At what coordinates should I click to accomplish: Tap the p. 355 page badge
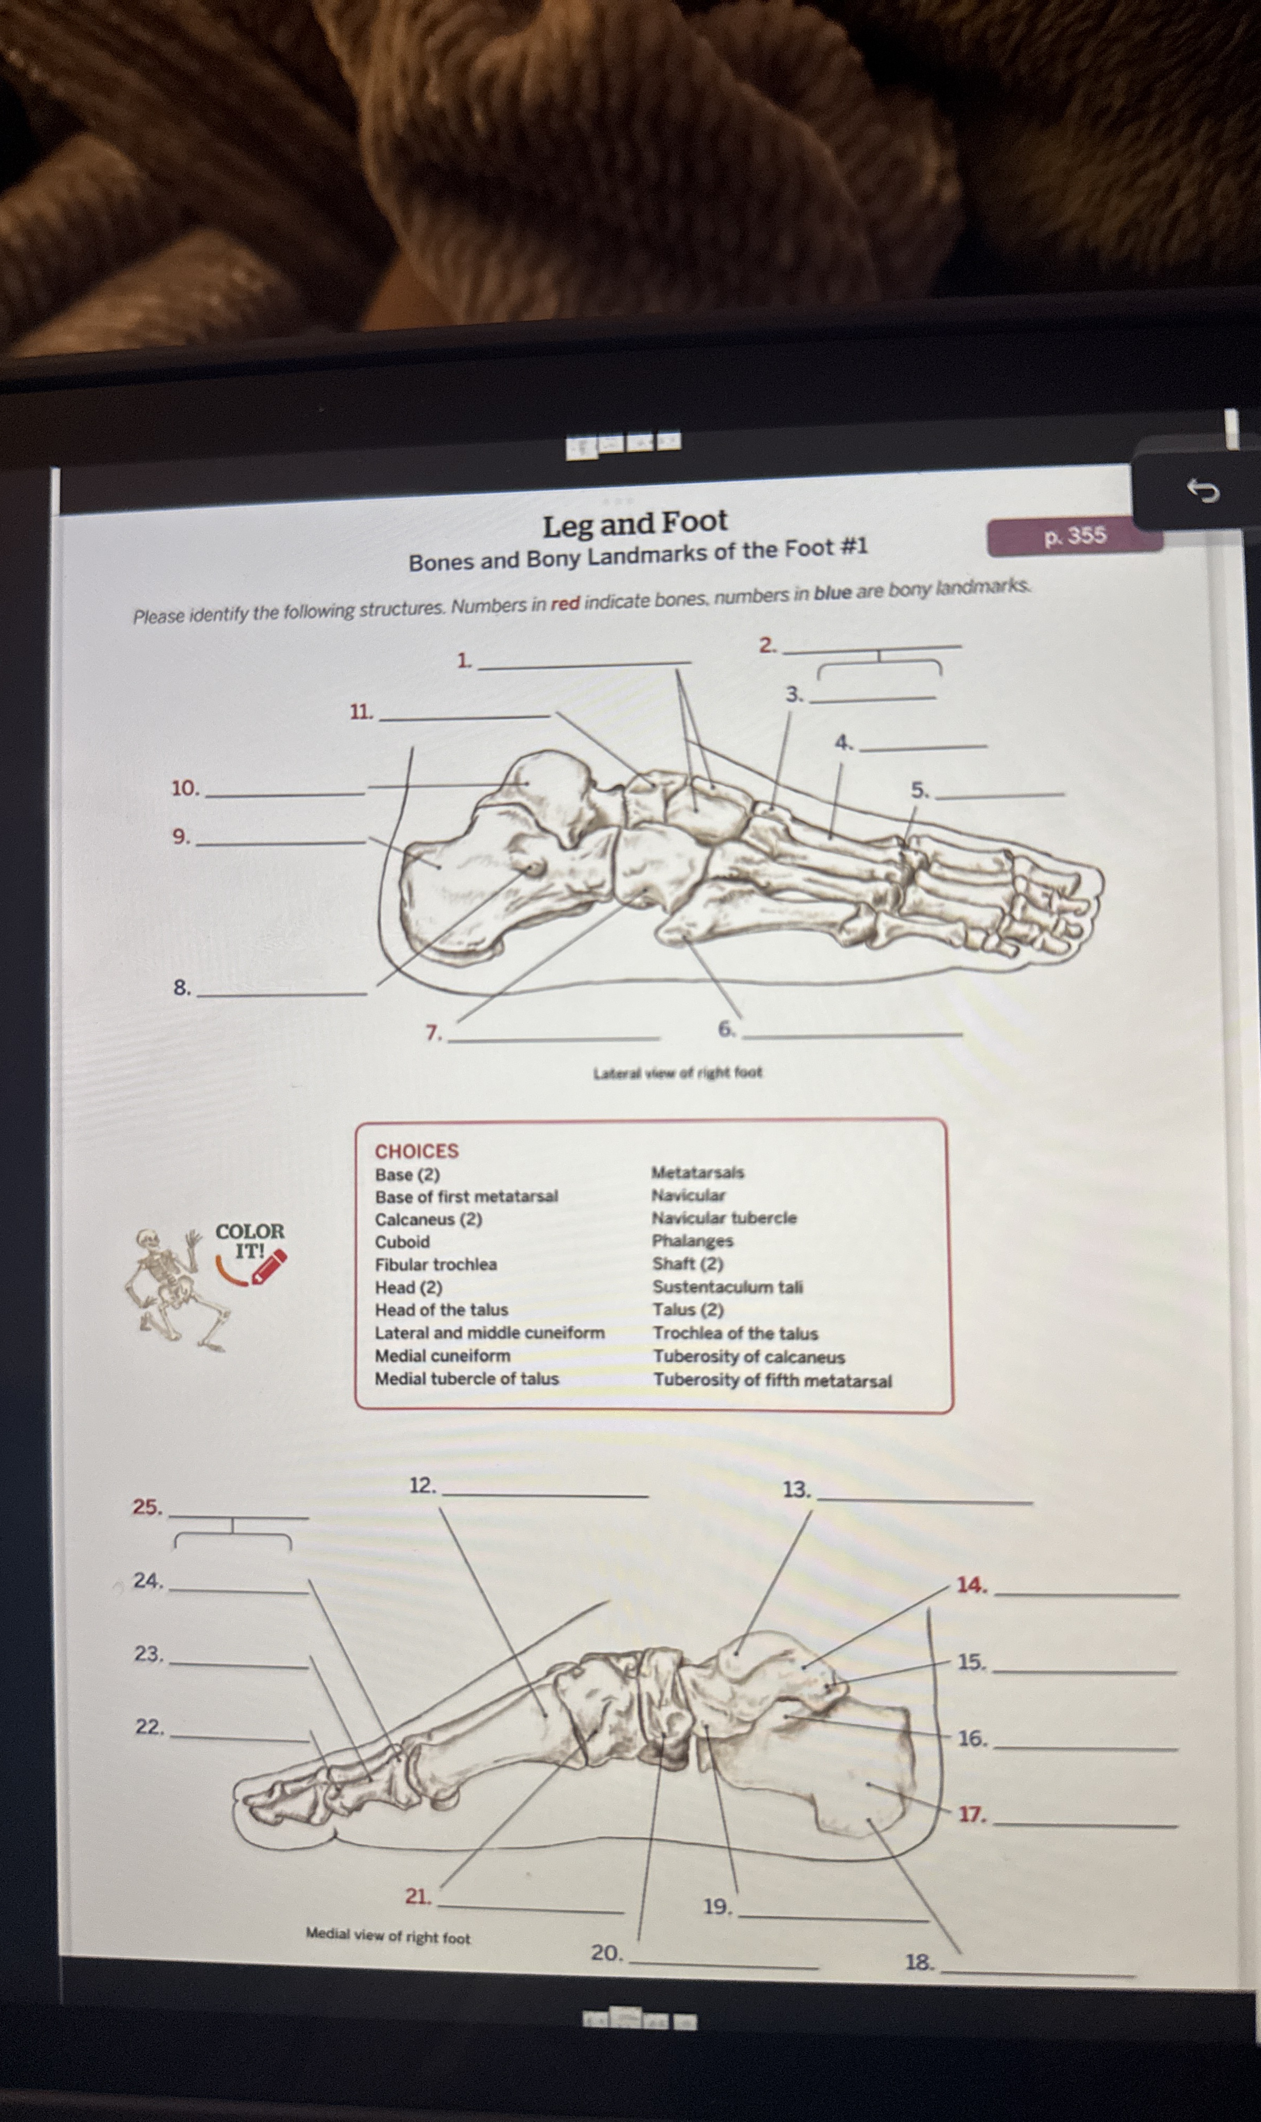pyautogui.click(x=1074, y=536)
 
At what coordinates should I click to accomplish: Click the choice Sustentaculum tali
pyautogui.click(x=727, y=1287)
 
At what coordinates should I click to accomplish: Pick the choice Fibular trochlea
pyautogui.click(x=436, y=1264)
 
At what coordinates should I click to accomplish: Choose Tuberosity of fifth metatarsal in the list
pyautogui.click(x=773, y=1380)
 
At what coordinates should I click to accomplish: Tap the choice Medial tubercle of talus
pyautogui.click(x=466, y=1379)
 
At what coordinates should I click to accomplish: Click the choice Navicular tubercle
pyautogui.click(x=724, y=1218)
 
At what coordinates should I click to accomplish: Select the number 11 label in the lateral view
pyautogui.click(x=361, y=712)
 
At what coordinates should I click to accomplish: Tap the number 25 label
pyautogui.click(x=146, y=1507)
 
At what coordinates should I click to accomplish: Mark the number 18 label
pyautogui.click(x=918, y=1961)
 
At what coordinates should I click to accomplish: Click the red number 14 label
pyautogui.click(x=971, y=1585)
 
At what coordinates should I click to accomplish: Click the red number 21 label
pyautogui.click(x=417, y=1896)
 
